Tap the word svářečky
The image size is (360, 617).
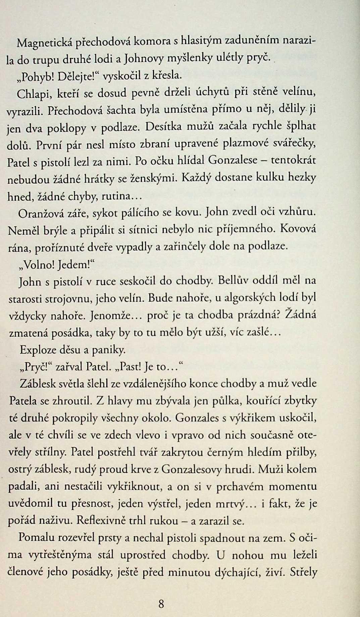pyautogui.click(x=295, y=144)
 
